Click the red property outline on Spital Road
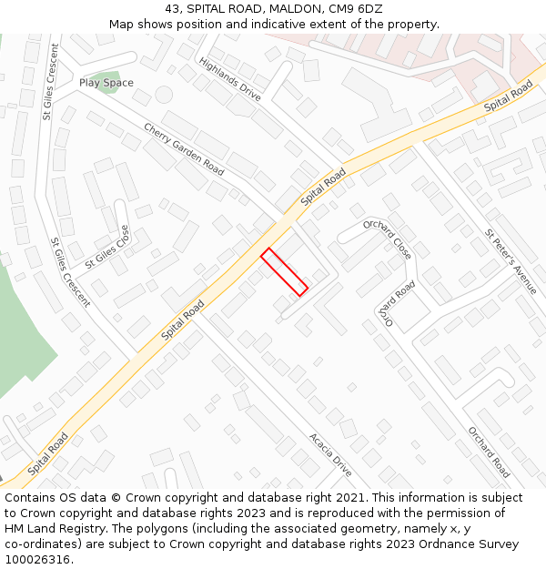click(x=284, y=271)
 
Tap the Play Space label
click(x=106, y=83)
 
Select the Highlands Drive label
click(x=229, y=79)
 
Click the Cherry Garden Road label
click(x=183, y=148)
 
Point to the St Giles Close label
click(x=107, y=247)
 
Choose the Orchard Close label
click(x=388, y=239)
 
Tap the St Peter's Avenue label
click(x=511, y=261)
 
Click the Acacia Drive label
click(x=329, y=454)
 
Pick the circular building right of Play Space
click(x=164, y=94)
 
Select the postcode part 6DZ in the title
click(x=367, y=9)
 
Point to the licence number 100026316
click(x=37, y=559)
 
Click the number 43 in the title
click(x=173, y=9)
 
